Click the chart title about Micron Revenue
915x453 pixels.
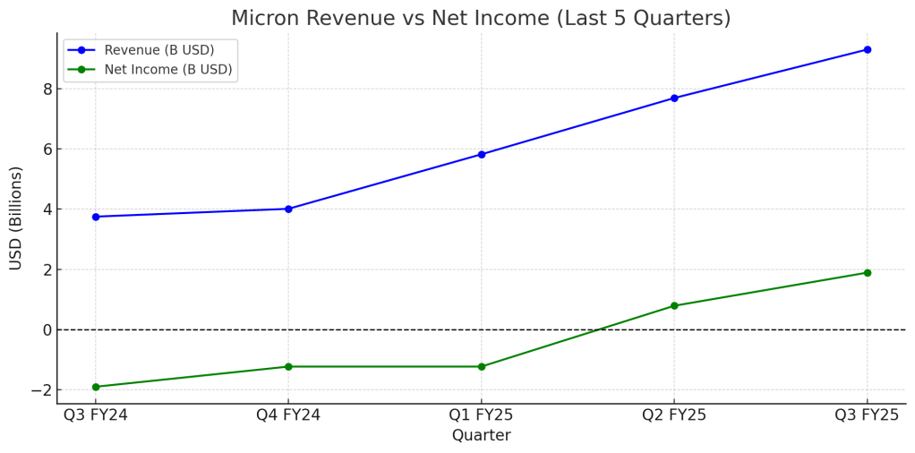tap(481, 18)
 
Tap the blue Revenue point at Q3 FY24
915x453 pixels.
tap(96, 217)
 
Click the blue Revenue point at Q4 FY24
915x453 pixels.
tap(288, 209)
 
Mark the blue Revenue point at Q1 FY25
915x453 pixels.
tap(482, 154)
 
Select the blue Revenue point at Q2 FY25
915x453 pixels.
tap(674, 98)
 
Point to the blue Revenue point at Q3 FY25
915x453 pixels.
tap(867, 49)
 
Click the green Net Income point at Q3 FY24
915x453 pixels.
tap(96, 387)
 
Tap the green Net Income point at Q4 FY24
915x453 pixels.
tap(288, 366)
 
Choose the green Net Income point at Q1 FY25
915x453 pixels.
tap(482, 366)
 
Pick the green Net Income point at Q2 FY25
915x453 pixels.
tap(674, 305)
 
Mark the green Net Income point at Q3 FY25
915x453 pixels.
tap(867, 272)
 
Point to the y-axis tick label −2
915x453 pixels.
tap(40, 390)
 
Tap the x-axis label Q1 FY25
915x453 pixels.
tap(482, 415)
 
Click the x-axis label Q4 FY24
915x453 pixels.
tap(288, 415)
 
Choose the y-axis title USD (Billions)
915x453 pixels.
tap(16, 218)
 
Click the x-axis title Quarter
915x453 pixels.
tap(482, 436)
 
